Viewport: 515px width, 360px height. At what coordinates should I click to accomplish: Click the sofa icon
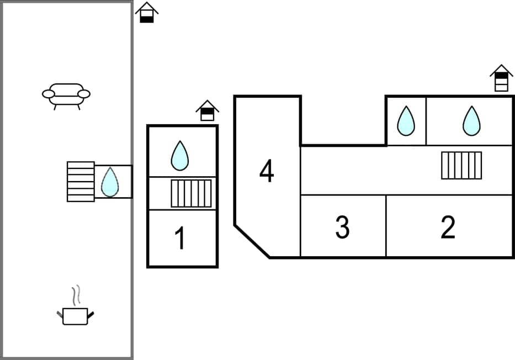point(66,96)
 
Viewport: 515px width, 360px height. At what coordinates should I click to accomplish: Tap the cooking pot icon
point(75,316)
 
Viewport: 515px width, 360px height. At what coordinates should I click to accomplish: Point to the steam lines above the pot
point(77,294)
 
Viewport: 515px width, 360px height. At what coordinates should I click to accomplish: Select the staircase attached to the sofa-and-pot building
point(81,181)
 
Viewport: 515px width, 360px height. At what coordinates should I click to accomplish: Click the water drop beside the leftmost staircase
point(110,182)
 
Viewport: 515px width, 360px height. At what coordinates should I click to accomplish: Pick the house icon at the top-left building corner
point(147,12)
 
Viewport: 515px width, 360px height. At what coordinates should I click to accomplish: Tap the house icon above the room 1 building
point(207,110)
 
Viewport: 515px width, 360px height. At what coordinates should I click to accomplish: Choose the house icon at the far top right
point(501,78)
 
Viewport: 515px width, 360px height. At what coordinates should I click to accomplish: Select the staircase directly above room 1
point(191,193)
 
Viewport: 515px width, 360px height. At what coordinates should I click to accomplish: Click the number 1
point(180,239)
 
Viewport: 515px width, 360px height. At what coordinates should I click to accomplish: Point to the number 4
point(267,171)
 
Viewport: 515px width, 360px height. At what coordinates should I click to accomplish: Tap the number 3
point(342,227)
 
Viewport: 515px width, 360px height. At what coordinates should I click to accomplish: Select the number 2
point(448,227)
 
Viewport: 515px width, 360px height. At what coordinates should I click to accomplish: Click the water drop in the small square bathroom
point(406,121)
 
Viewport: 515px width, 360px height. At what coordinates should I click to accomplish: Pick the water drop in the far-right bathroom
point(471,121)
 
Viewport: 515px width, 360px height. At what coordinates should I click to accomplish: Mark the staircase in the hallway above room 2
point(461,165)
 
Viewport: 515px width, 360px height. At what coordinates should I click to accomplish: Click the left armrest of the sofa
point(49,94)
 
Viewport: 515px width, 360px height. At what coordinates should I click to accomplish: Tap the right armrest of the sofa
point(84,94)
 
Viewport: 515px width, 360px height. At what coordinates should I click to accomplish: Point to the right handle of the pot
point(91,315)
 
